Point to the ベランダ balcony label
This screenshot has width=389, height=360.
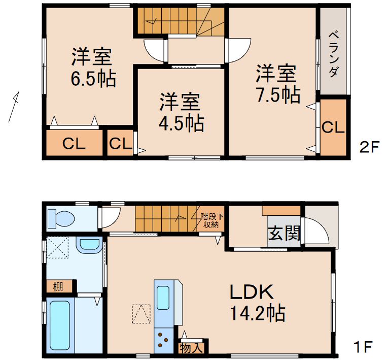333,54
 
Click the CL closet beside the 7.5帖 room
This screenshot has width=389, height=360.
333,127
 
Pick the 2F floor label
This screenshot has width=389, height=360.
369,147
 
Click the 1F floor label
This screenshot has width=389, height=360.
363,348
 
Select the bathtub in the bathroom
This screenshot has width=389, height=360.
60,325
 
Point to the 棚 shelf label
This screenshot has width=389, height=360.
59,286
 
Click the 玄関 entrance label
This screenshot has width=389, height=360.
284,234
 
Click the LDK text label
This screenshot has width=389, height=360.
252,292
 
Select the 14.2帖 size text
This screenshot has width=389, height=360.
257,313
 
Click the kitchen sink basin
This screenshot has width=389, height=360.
163,297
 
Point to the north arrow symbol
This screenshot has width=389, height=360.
14,107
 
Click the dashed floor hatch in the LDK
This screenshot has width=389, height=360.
142,313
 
